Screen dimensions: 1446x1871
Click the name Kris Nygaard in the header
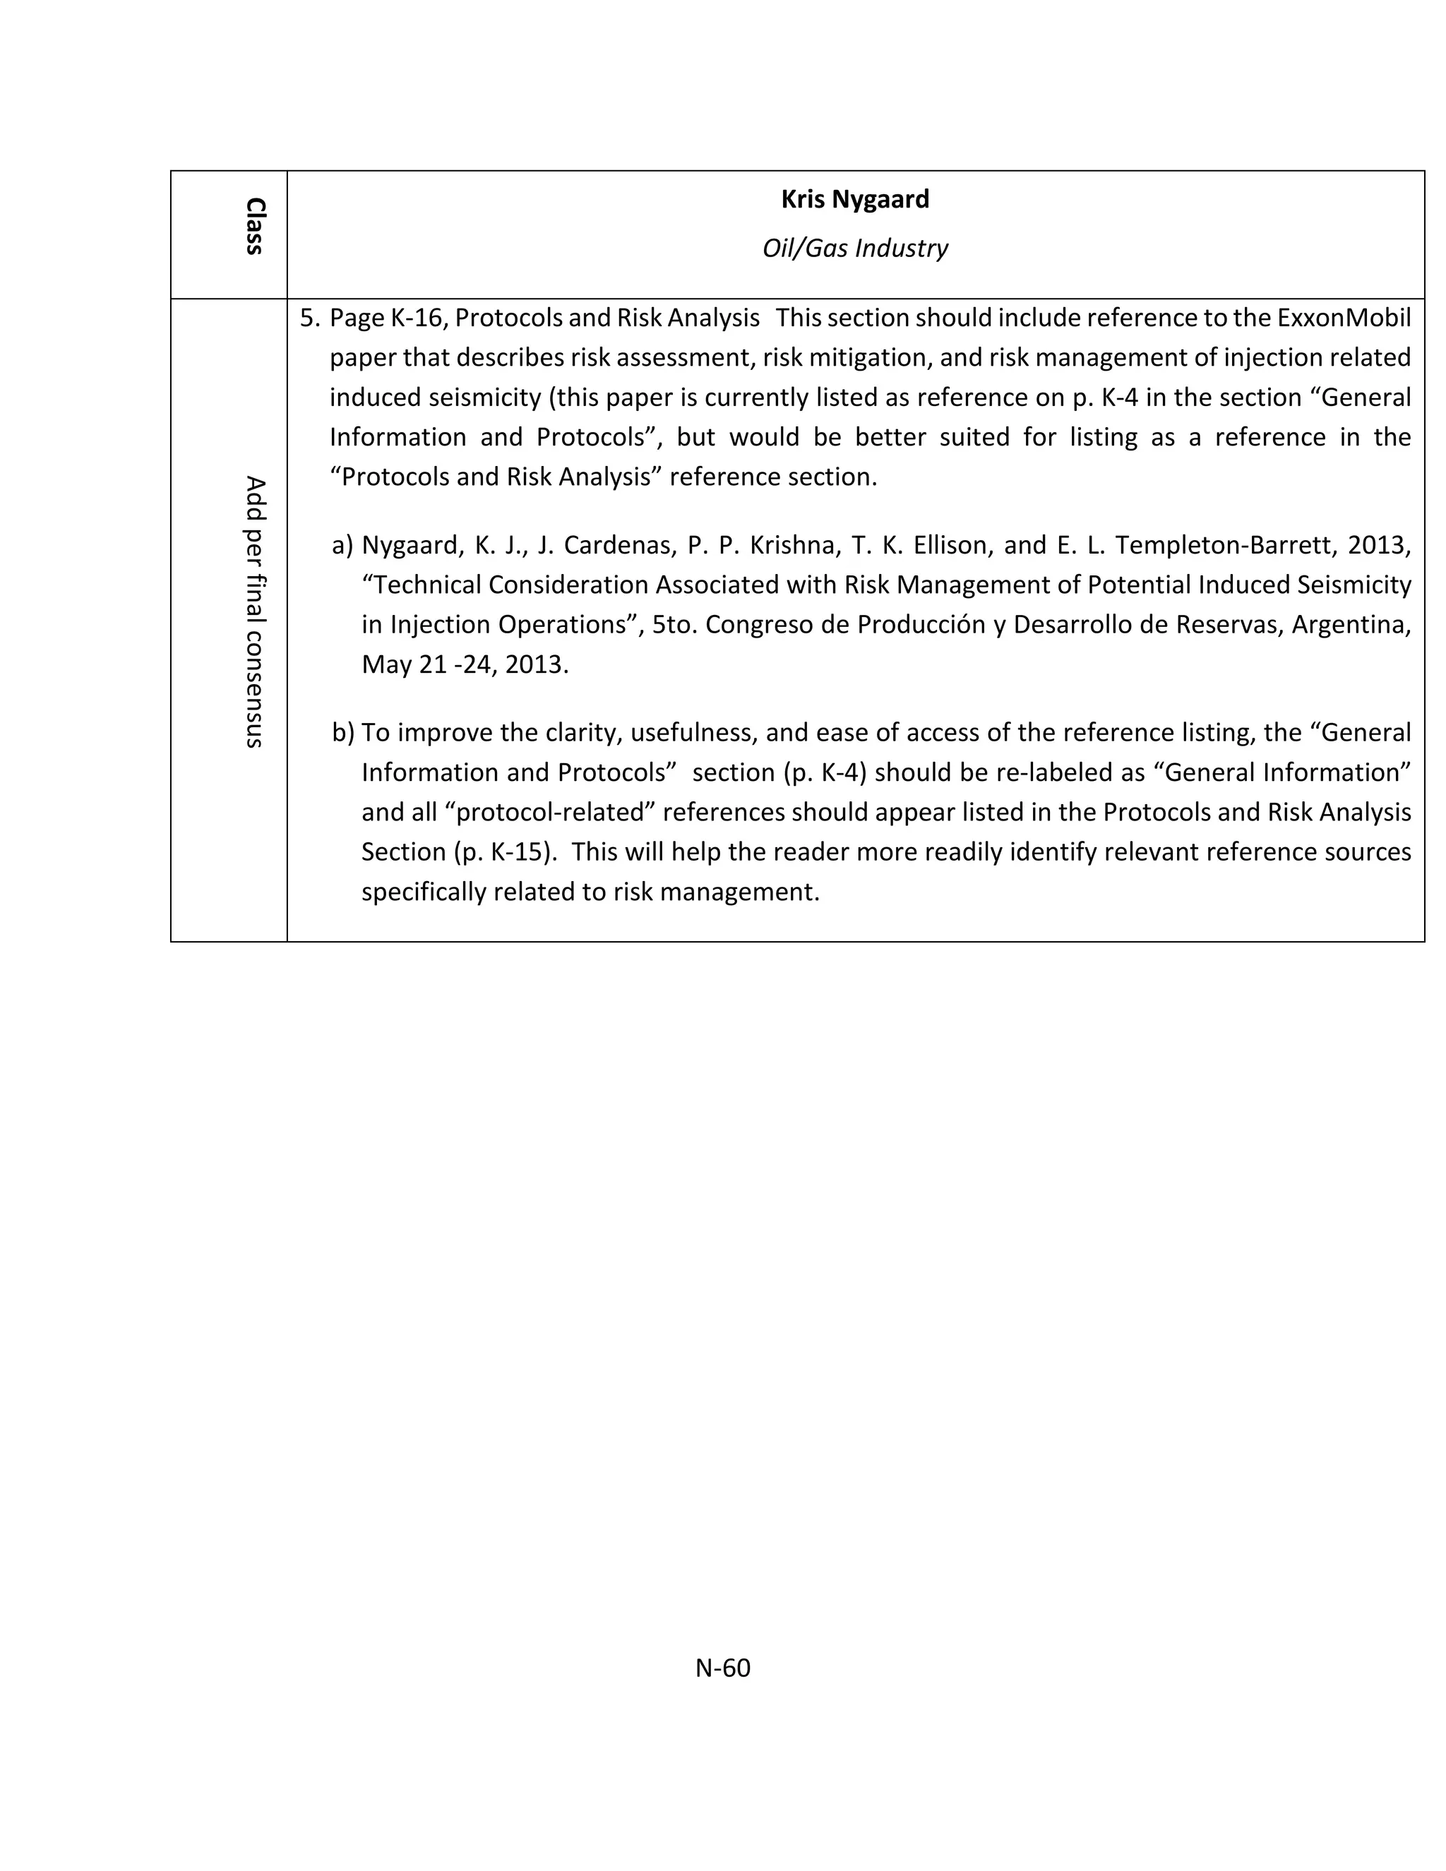[854, 200]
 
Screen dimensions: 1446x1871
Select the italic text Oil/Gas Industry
[854, 249]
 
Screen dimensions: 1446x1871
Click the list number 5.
[309, 318]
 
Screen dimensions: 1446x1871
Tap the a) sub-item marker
[342, 545]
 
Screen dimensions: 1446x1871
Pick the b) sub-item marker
[342, 732]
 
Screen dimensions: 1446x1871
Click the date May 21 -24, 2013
[465, 664]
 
